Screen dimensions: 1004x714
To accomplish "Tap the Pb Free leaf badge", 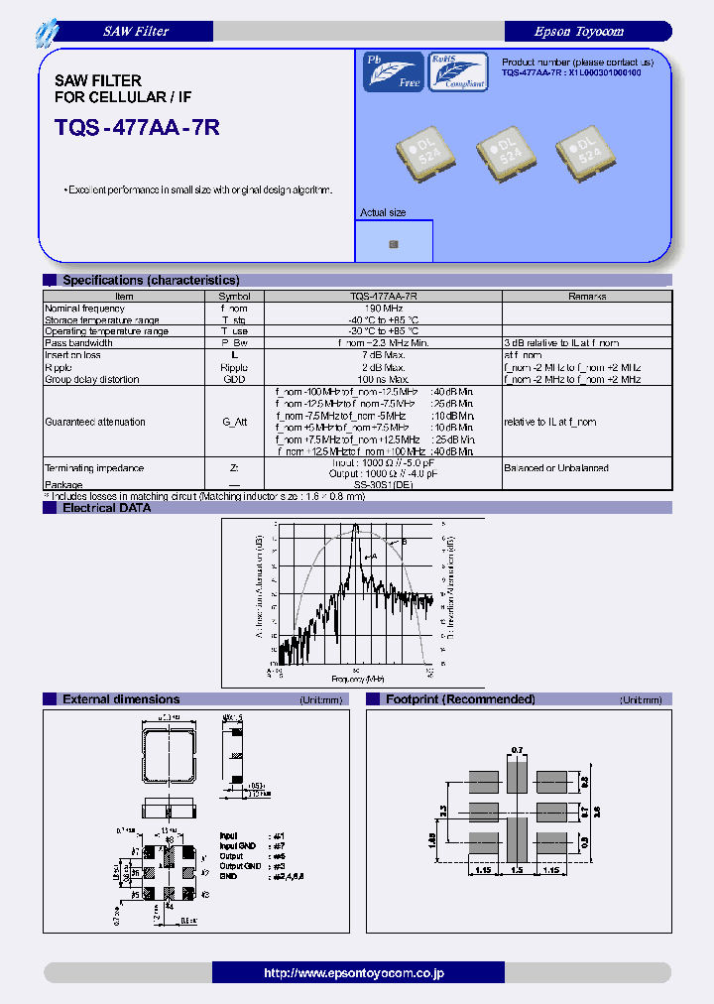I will (x=394, y=72).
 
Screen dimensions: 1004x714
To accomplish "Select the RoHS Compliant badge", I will (x=457, y=72).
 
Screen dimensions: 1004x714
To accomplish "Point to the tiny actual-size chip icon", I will (x=394, y=243).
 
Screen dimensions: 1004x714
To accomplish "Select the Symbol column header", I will (x=234, y=296).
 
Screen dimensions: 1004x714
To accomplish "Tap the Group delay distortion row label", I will (x=92, y=379).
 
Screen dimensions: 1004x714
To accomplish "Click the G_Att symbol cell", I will (x=234, y=422).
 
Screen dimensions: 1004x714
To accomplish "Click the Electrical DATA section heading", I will (x=106, y=508).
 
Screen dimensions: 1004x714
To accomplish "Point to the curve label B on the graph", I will (x=404, y=542).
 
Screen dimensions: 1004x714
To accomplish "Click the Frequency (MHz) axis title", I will (x=358, y=679).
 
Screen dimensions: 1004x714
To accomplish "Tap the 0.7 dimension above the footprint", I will (x=515, y=749).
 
